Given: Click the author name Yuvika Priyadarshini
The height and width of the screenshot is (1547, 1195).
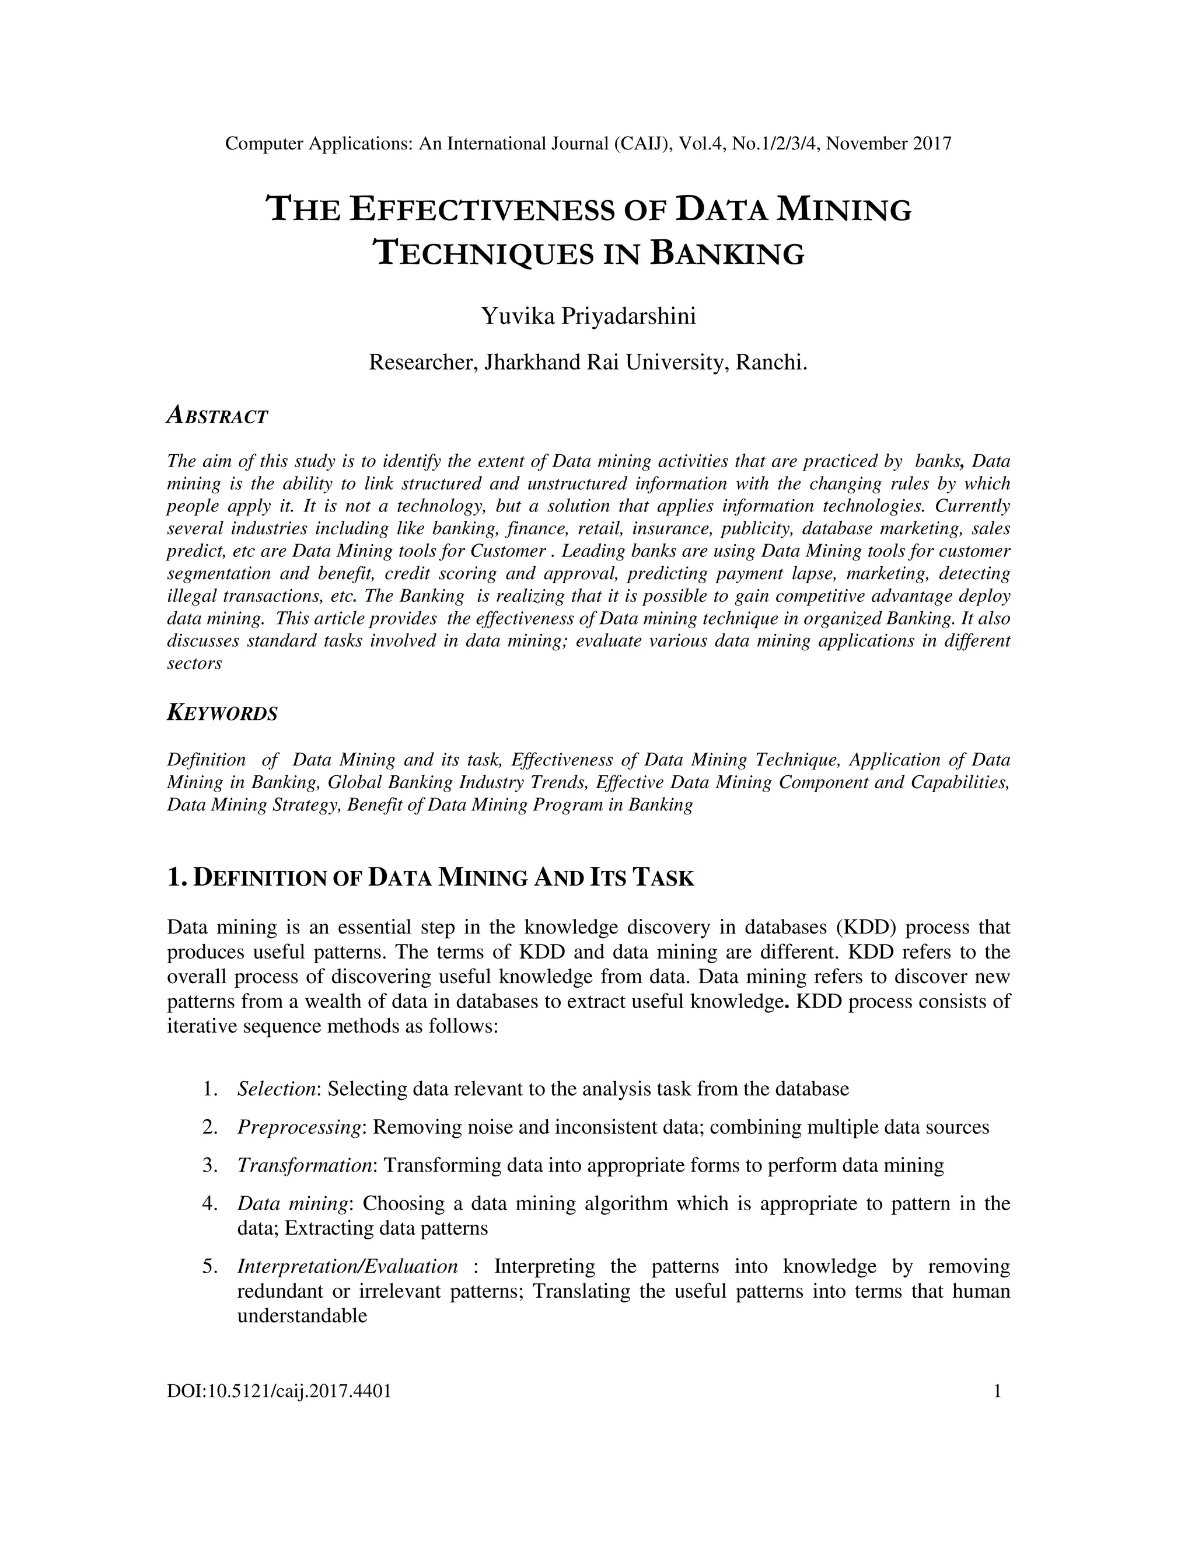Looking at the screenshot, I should pos(588,316).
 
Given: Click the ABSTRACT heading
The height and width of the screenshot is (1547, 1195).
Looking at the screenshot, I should pos(217,416).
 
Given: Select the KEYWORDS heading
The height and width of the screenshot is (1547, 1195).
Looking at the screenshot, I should pos(222,713).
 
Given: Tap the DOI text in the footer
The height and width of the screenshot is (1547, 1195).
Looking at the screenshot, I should pos(279,1391).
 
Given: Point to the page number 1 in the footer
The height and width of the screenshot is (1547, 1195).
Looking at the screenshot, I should pos(997,1391).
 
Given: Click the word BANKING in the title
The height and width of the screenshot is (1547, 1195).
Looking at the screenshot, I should pos(726,253).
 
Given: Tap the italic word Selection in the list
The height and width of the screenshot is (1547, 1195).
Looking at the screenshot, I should pos(275,1089).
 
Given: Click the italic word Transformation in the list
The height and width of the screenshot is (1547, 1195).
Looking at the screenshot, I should pos(305,1165).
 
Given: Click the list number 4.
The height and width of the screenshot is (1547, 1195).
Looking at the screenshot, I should pos(209,1204).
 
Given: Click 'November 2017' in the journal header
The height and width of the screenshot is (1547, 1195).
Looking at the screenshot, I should pos(889,144).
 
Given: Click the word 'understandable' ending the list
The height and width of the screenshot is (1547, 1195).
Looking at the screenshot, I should pos(302,1316).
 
